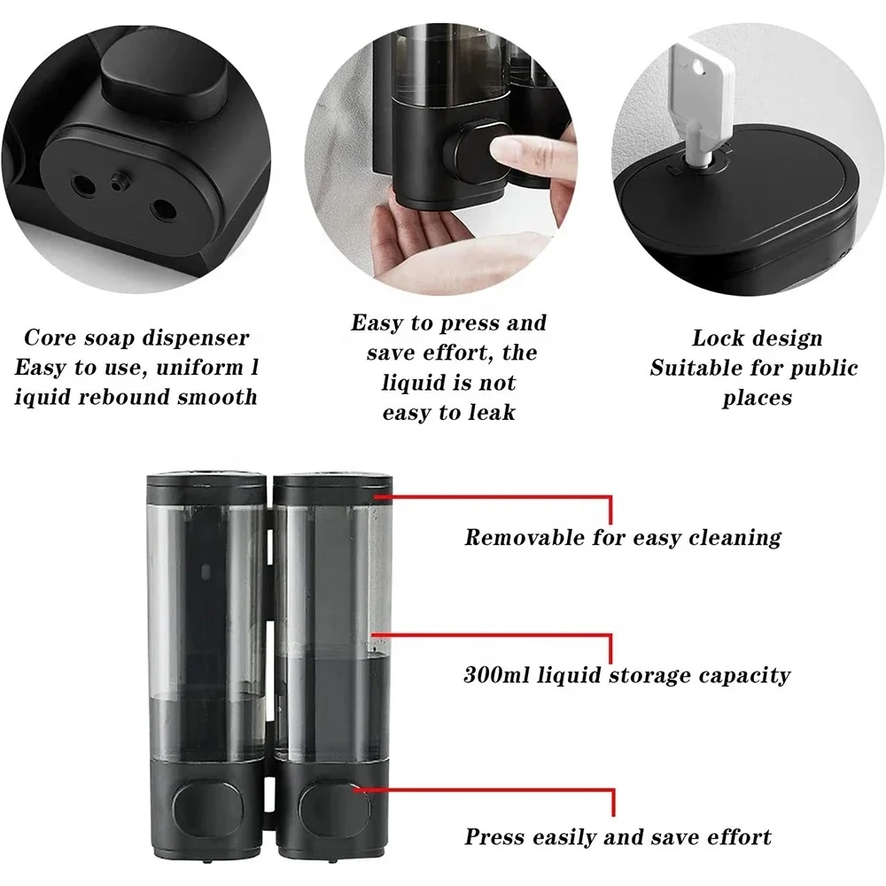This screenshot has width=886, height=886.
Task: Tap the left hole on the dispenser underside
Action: click(x=85, y=184)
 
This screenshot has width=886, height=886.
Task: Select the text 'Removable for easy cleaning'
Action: click(x=623, y=537)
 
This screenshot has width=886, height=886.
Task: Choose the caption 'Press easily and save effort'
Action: click(x=618, y=836)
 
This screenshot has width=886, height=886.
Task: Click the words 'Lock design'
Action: click(x=757, y=338)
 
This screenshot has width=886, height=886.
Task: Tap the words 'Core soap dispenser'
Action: click(x=136, y=338)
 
